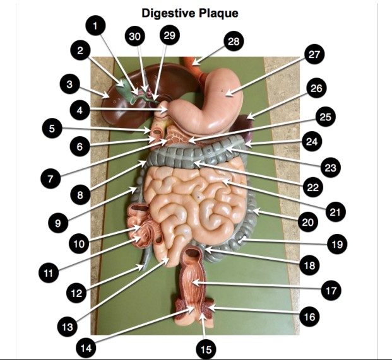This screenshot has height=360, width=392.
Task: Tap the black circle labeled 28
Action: point(233,42)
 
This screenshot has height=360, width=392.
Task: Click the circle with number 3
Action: point(71,83)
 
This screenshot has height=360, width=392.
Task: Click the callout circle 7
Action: point(50,178)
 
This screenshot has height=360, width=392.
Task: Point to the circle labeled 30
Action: point(134,37)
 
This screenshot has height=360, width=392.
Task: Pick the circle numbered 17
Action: point(331,291)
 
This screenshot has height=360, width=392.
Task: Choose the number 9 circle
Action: point(58,222)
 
